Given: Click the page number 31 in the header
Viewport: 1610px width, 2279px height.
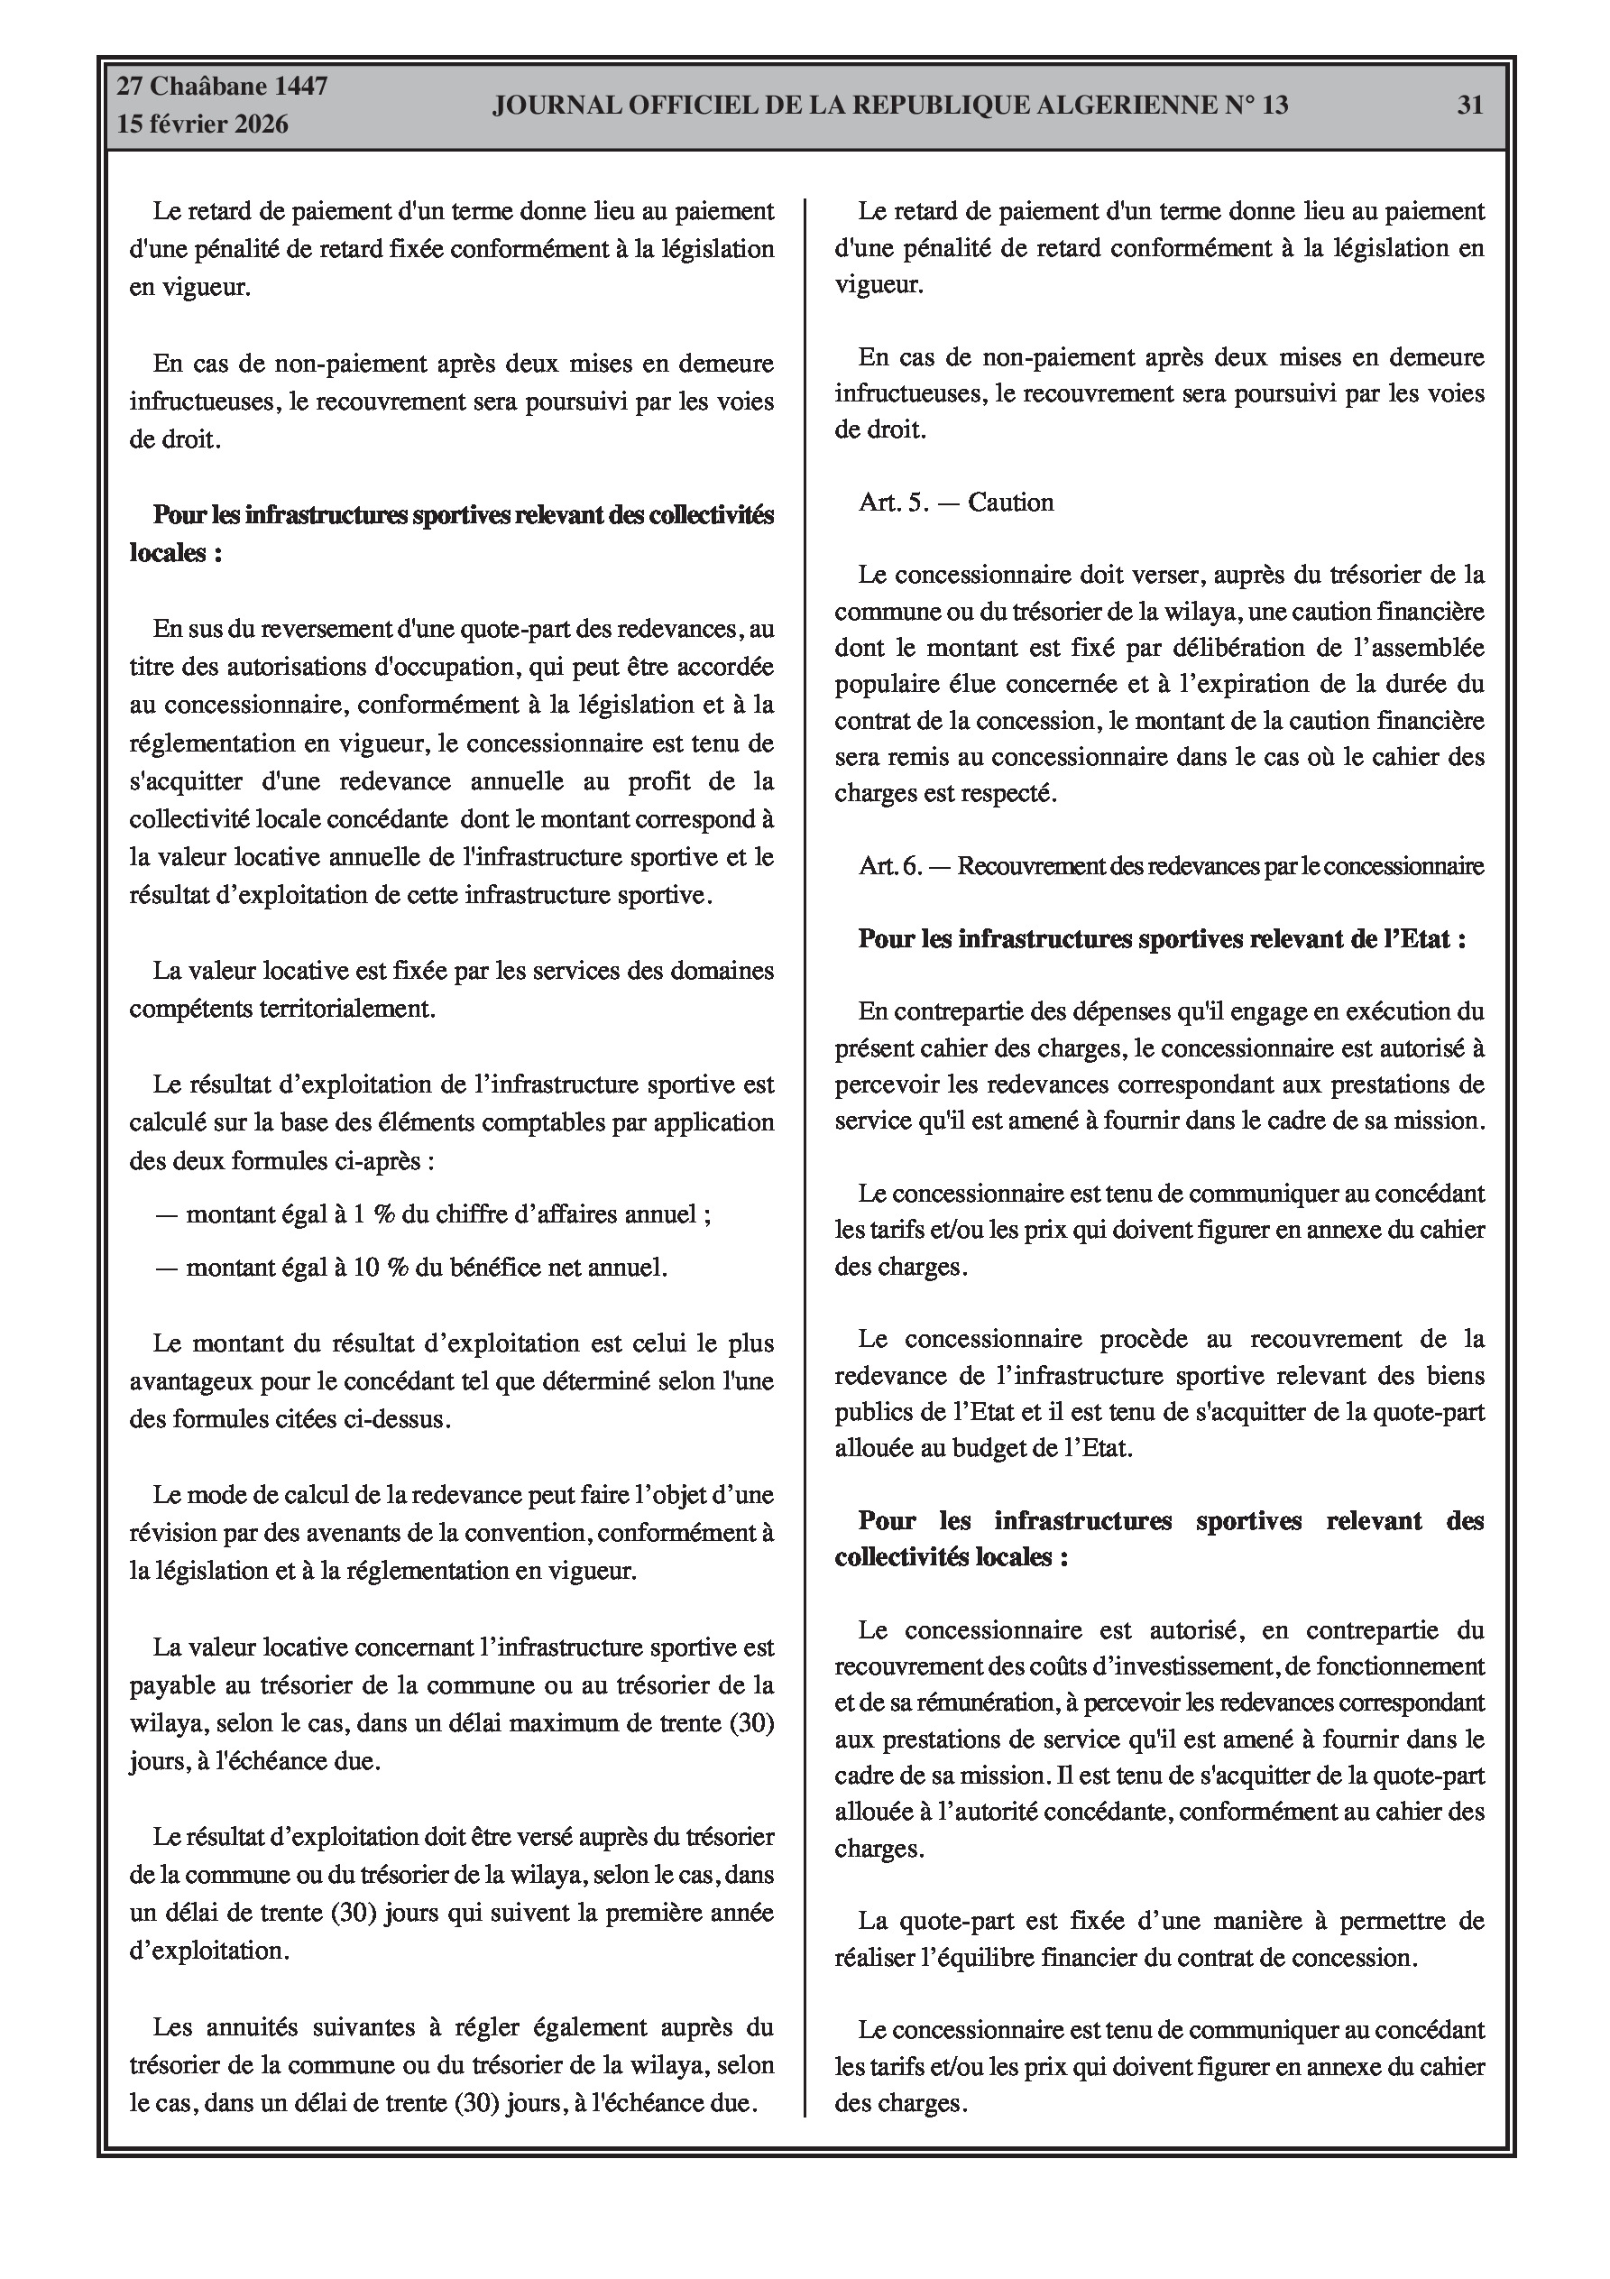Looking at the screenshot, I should tap(1469, 106).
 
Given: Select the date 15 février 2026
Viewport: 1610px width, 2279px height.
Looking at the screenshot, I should tap(203, 125).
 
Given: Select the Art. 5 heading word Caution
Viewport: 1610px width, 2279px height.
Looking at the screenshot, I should tap(1010, 503).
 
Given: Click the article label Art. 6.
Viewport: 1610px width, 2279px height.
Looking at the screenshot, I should tap(890, 866).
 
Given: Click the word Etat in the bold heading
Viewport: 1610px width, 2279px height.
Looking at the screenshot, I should tap(1418, 939).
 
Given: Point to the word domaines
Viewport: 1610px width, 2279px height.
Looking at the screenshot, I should tap(722, 971).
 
